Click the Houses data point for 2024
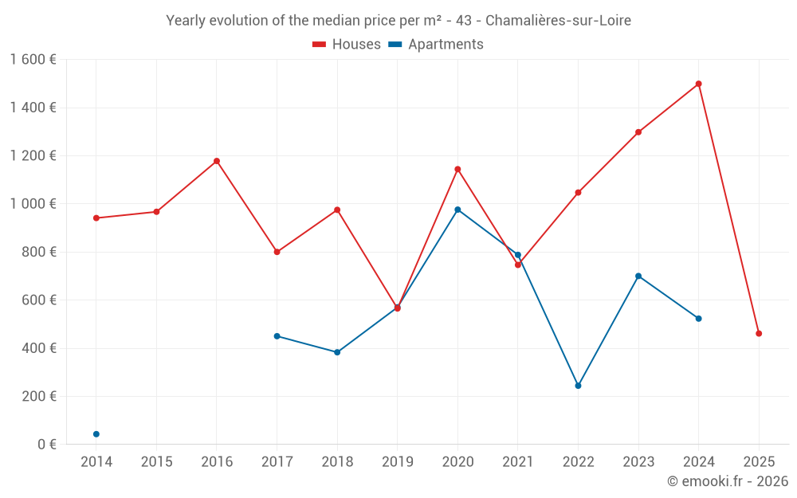pyautogui.click(x=698, y=84)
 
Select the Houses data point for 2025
pyautogui.click(x=759, y=334)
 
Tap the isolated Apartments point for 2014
pyautogui.click(x=96, y=434)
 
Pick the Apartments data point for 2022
pyautogui.click(x=578, y=386)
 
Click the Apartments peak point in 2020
pyautogui.click(x=457, y=210)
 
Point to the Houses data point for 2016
pyautogui.click(x=217, y=161)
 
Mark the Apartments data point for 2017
pyautogui.click(x=277, y=336)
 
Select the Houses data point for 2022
pyautogui.click(x=578, y=193)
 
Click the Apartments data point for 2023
pyautogui.click(x=638, y=276)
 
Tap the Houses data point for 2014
pyautogui.click(x=96, y=218)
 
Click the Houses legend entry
pyautogui.click(x=347, y=45)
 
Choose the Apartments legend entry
pyautogui.click(x=436, y=45)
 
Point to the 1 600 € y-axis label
pyautogui.click(x=33, y=60)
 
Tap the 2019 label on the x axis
pyautogui.click(x=397, y=462)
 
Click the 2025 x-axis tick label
pyautogui.click(x=759, y=462)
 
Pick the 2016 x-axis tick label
pyautogui.click(x=217, y=462)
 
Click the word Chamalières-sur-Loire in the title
pyautogui.click(x=557, y=21)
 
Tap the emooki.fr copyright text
pyautogui.click(x=728, y=481)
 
